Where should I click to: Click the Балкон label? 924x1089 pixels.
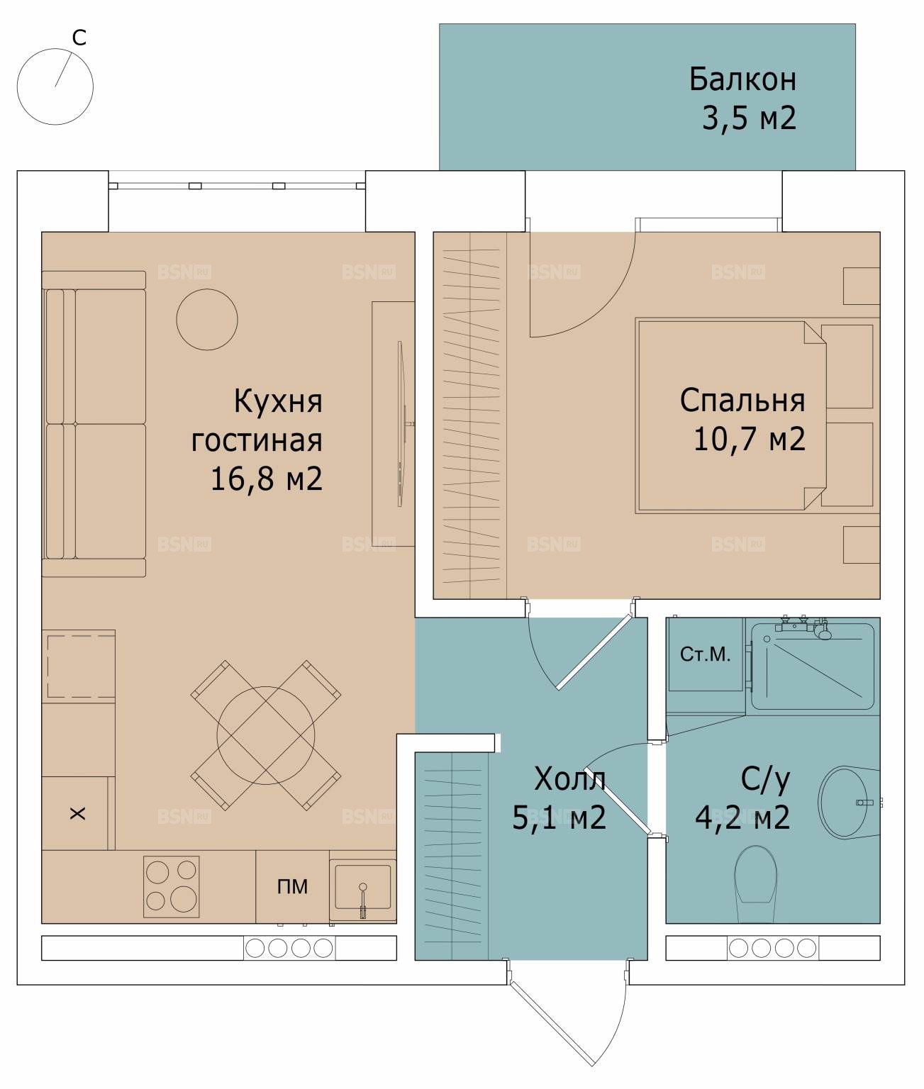[x=742, y=79]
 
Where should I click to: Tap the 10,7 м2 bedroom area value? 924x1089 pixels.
[x=749, y=438]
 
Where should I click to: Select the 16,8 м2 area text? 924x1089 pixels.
[x=266, y=479]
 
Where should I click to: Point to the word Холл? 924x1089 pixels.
[x=570, y=778]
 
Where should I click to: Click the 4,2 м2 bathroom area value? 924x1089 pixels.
[x=742, y=817]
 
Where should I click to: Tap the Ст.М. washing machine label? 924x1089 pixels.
[x=705, y=654]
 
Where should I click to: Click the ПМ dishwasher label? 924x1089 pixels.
[x=292, y=886]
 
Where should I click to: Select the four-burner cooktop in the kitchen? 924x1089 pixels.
[x=172, y=887]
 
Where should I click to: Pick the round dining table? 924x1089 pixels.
[x=266, y=735]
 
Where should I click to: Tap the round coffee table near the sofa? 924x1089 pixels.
[x=206, y=319]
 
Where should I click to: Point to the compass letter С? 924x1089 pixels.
[x=79, y=38]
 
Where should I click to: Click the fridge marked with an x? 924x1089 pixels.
[x=77, y=813]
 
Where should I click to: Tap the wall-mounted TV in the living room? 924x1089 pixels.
[x=400, y=424]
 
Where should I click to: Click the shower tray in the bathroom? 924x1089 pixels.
[x=812, y=666]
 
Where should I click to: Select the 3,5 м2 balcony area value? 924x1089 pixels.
[x=749, y=118]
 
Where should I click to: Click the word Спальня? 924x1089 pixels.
[x=742, y=401]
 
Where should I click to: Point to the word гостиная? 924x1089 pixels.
[x=257, y=440]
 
